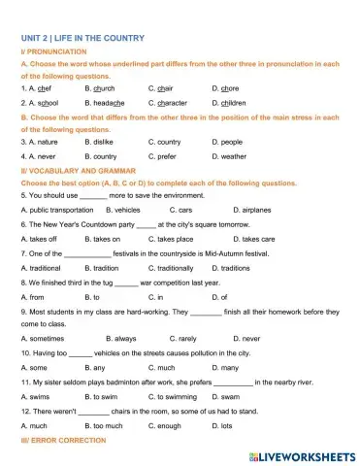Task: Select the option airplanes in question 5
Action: [256, 209]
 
